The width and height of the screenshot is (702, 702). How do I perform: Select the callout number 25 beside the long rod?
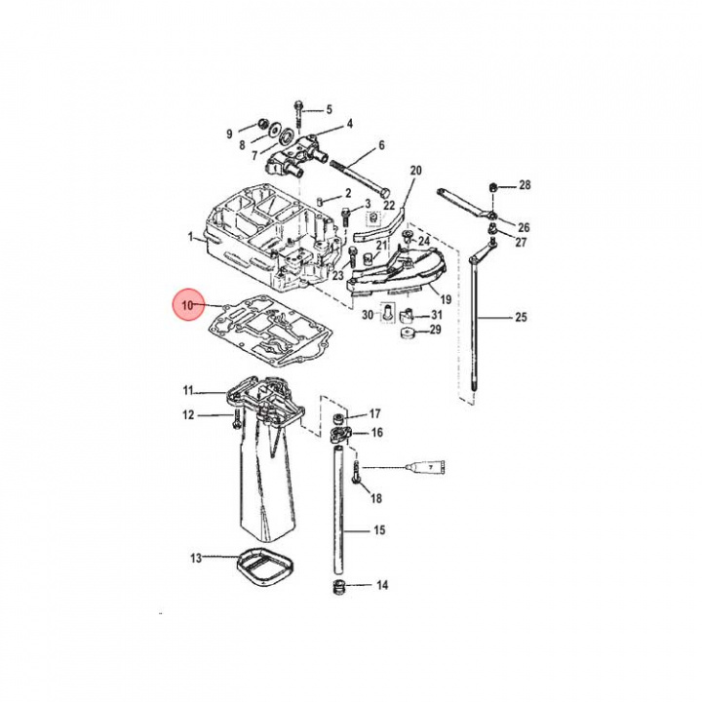pyautogui.click(x=521, y=318)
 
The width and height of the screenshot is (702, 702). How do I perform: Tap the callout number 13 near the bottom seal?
pyautogui.click(x=195, y=559)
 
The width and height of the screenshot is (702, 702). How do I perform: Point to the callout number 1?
pyautogui.click(x=191, y=237)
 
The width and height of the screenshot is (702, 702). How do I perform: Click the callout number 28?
pyautogui.click(x=525, y=185)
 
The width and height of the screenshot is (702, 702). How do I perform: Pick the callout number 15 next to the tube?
pyautogui.click(x=380, y=531)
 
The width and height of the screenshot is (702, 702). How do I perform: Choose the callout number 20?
pyautogui.click(x=415, y=171)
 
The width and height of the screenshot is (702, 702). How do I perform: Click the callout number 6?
pyautogui.click(x=381, y=145)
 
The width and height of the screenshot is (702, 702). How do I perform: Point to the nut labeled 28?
pyautogui.click(x=495, y=186)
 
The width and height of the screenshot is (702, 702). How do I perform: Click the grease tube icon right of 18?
pyautogui.click(x=430, y=469)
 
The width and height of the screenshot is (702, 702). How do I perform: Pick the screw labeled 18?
pyautogui.click(x=358, y=478)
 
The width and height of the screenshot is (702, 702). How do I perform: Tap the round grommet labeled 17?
pyautogui.click(x=341, y=418)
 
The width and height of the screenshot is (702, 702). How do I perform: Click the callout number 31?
pyautogui.click(x=436, y=314)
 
